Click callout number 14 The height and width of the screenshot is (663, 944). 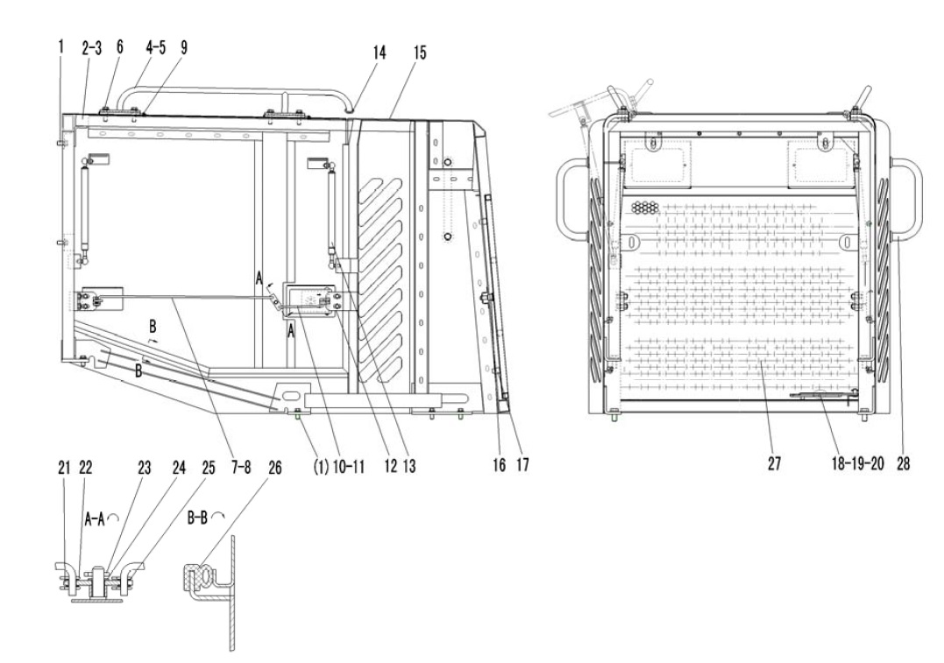point(380,53)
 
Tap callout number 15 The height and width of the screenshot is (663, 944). point(420,53)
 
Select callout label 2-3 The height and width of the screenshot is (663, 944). point(92,48)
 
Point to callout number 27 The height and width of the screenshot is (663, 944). point(774,462)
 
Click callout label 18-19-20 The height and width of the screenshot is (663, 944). point(858,462)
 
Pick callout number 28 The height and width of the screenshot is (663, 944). point(903,462)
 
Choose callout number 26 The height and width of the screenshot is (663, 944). point(274,468)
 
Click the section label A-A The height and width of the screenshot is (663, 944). point(96,518)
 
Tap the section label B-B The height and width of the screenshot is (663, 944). point(197,517)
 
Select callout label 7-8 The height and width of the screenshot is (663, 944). point(241,466)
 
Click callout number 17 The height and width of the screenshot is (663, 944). point(522,464)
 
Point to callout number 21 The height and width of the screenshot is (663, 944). point(64,468)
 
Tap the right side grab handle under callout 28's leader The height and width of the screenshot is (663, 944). point(908,199)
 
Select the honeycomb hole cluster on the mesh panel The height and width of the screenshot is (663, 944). point(645,208)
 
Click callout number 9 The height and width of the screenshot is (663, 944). point(183,48)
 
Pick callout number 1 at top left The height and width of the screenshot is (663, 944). point(60,47)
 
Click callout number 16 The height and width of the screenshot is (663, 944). point(499,464)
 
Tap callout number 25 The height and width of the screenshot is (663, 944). point(208,468)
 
